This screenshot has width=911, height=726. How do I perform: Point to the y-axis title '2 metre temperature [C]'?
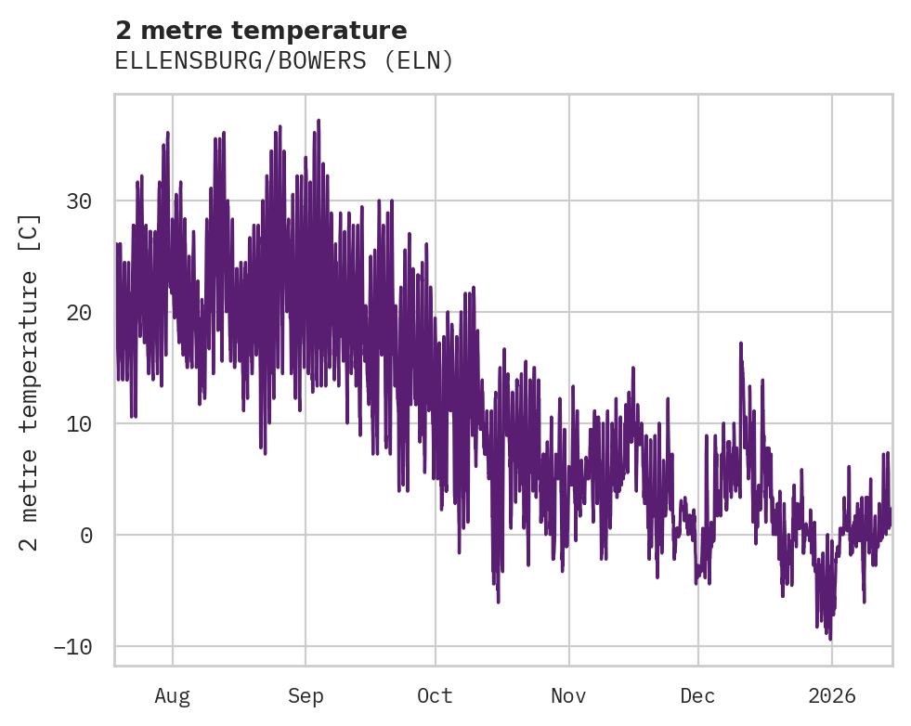31,382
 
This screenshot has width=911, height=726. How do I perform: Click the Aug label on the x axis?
173,696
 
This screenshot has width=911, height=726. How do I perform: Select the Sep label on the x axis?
306,696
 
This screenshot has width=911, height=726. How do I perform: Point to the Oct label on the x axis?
435,696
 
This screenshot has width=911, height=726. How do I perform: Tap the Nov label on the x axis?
568,696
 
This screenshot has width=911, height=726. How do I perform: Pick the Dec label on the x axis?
697,696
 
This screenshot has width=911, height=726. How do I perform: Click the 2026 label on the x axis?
832,696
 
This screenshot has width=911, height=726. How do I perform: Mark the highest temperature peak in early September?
319,121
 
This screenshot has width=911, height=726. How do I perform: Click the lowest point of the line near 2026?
830,639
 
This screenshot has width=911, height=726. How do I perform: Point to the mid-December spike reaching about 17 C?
740,344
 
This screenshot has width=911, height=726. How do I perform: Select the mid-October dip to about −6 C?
498,602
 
